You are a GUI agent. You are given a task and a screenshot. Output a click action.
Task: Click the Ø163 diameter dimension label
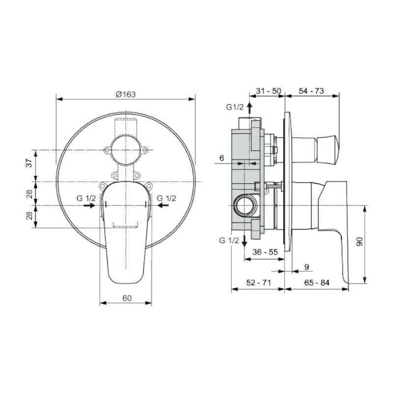pos(126,94)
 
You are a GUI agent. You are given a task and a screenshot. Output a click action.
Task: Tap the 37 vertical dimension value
pos(30,163)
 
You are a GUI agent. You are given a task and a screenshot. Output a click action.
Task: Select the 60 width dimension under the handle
pos(127,298)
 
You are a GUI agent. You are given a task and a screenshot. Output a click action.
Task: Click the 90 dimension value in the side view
pos(360,242)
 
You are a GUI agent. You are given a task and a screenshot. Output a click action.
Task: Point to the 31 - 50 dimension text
pos(268,91)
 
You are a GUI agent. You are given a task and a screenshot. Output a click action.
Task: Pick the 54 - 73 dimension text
pos(311,91)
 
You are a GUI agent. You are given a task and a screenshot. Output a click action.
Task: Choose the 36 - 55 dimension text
pos(265,252)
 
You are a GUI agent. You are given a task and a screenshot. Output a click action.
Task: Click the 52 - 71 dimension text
pos(259,282)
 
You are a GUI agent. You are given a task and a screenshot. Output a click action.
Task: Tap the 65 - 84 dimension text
pos(317,282)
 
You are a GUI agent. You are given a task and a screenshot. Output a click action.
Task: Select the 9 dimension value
pos(307,267)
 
